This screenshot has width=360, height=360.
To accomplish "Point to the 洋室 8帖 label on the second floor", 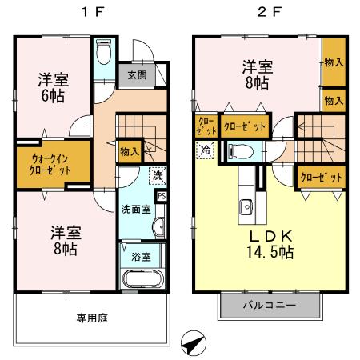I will [x=256, y=74].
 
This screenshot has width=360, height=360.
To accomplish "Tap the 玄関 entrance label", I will [x=136, y=75].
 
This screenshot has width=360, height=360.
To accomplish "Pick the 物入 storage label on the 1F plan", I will [x=128, y=150].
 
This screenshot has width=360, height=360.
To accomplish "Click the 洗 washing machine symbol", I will [x=158, y=175].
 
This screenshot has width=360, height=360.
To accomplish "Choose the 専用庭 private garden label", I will [x=92, y=317].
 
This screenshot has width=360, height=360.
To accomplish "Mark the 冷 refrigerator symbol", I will [x=206, y=149].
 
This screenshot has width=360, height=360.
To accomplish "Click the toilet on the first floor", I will [x=104, y=56].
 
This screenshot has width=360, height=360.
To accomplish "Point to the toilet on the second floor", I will [x=241, y=150].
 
